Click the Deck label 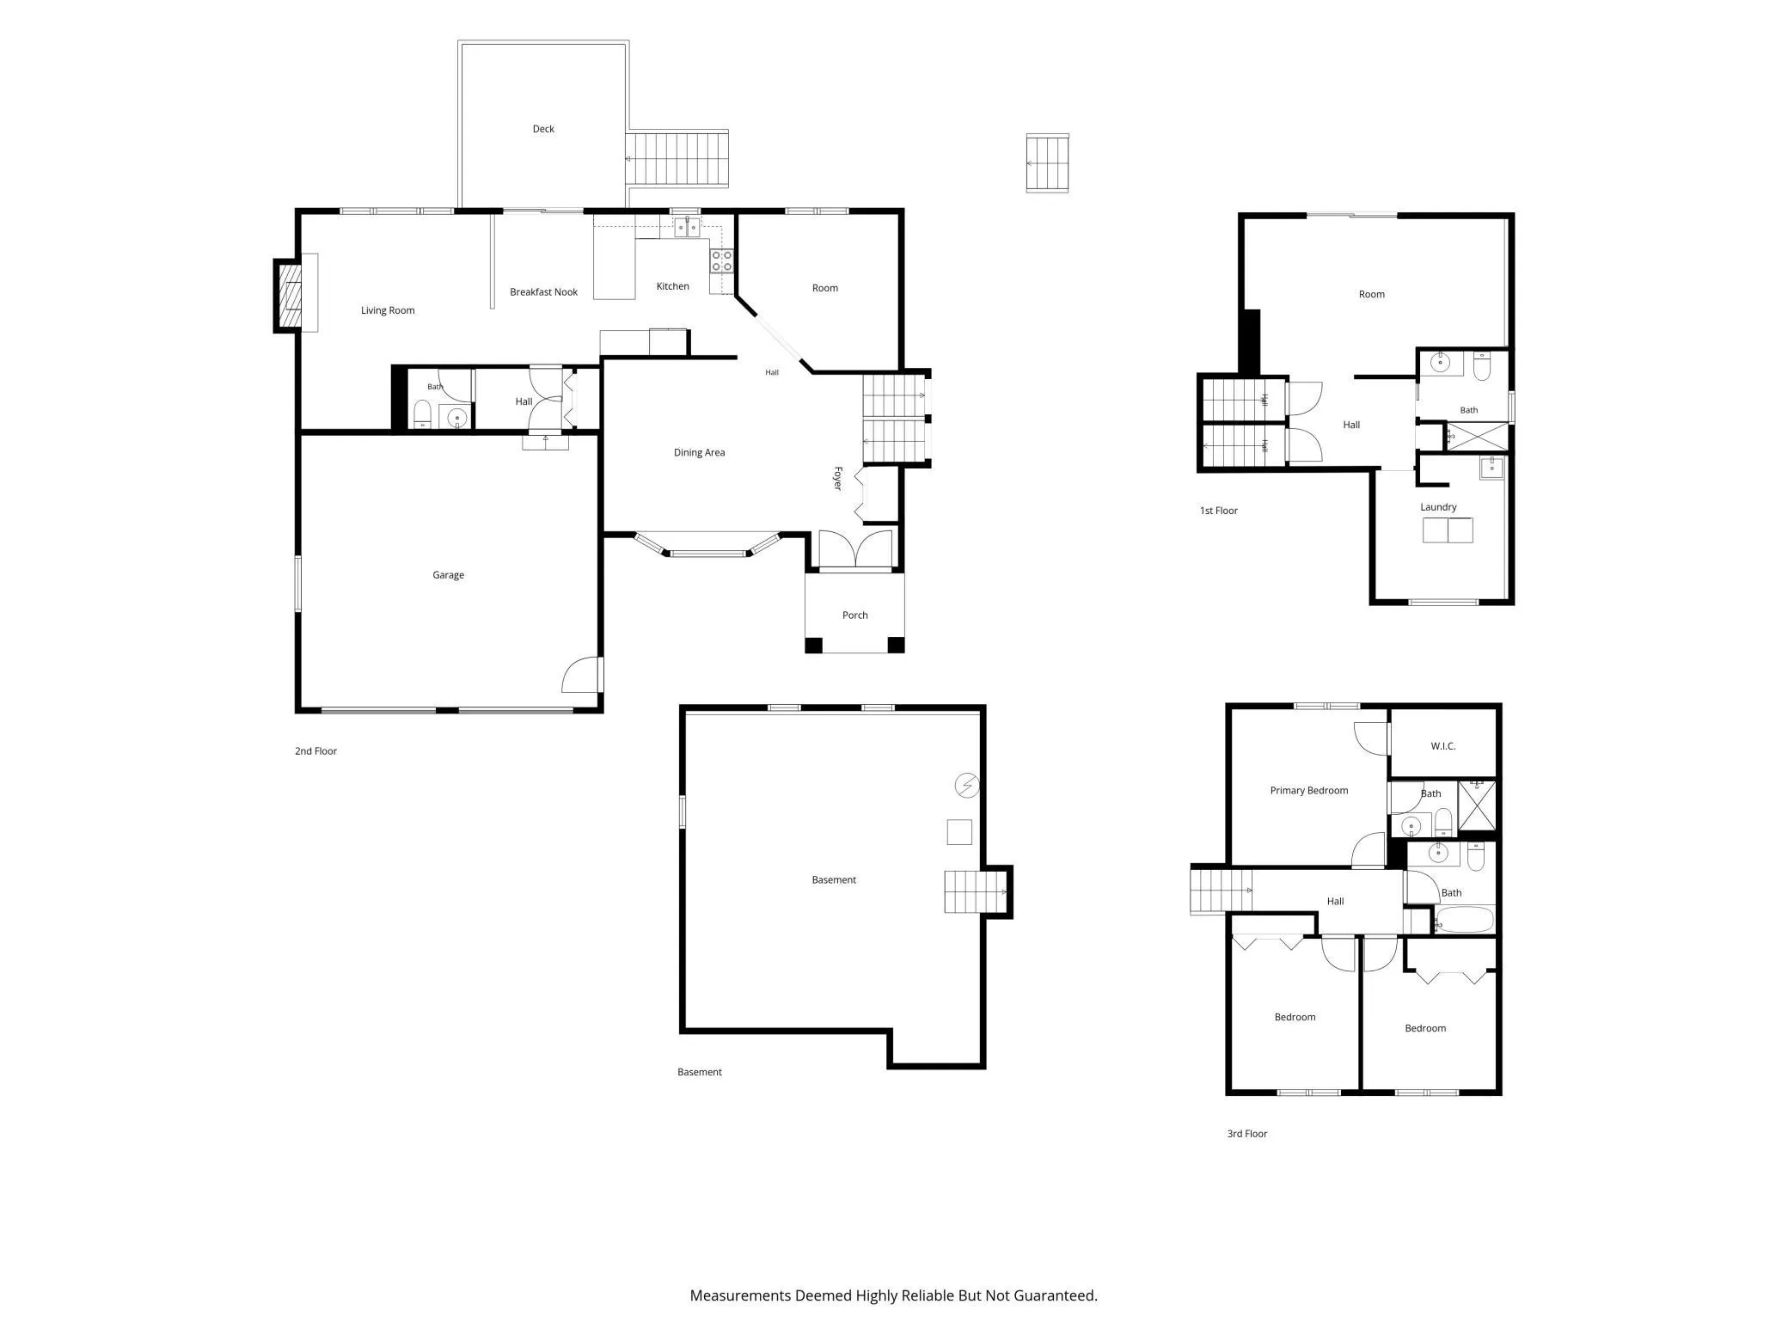[543, 129]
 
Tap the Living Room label [388, 310]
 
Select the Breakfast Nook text [543, 292]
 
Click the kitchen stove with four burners [722, 260]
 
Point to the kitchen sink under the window [687, 227]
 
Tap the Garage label [448, 575]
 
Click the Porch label [854, 615]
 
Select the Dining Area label [699, 452]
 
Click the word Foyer [837, 478]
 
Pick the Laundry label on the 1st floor [1438, 507]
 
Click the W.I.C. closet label [1443, 746]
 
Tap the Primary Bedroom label [1309, 791]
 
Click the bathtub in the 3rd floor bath [1465, 920]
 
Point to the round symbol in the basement [967, 785]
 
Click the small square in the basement [959, 832]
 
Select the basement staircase [976, 891]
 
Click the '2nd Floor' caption [315, 751]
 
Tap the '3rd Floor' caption [1247, 1134]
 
